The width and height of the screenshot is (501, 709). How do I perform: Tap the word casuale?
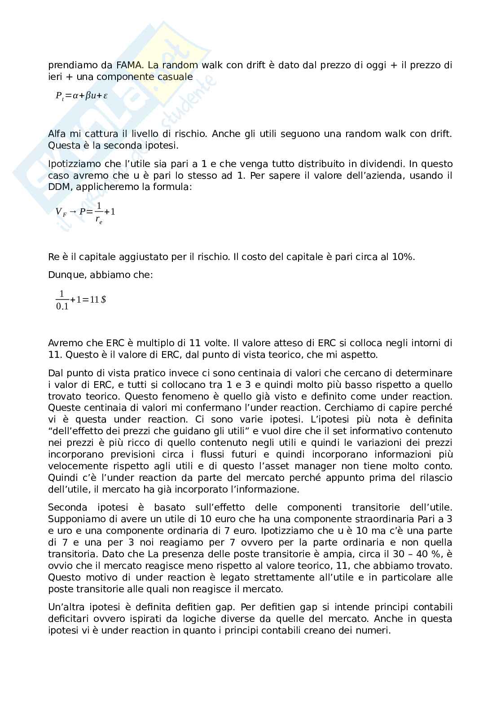pyautogui.click(x=176, y=77)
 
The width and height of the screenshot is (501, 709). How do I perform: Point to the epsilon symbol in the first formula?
pyautogui.click(x=105, y=95)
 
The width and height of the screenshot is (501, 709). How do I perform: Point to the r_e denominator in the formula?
pyautogui.click(x=99, y=220)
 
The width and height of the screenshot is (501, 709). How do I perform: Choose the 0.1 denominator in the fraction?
pyautogui.click(x=62, y=307)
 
